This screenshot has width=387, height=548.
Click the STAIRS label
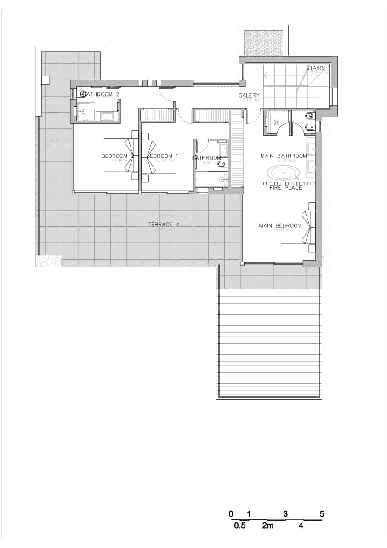[316, 68]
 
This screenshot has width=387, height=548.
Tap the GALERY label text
[249, 96]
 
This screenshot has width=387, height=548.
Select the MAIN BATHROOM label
[284, 156]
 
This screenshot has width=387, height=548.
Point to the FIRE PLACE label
[285, 188]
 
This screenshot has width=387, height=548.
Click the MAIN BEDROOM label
[280, 225]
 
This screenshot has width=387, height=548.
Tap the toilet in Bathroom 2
[82, 94]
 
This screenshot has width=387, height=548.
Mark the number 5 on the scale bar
[322, 514]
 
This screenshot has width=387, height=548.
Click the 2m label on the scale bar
[268, 525]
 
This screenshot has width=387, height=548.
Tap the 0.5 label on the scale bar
[239, 525]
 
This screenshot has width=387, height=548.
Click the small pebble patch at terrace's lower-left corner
[48, 260]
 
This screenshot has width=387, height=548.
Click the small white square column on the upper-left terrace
[45, 80]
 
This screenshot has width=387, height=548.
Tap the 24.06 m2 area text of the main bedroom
[283, 230]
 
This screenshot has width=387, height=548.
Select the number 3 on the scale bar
[285, 514]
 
